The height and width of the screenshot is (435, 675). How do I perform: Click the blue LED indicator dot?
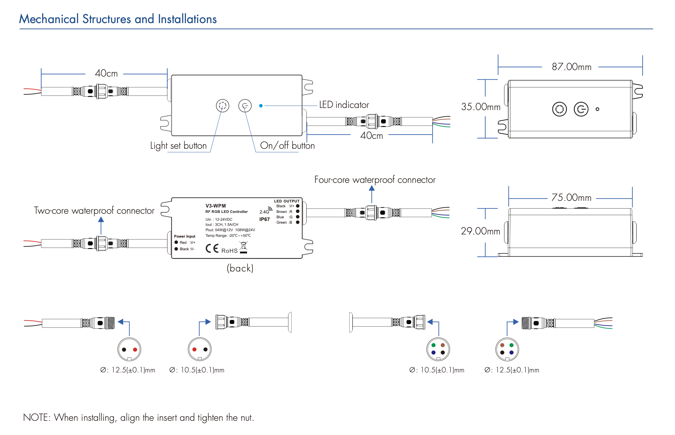point(261,106)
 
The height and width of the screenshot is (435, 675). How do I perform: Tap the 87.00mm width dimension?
point(571,67)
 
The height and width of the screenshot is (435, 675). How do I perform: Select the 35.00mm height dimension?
point(480,107)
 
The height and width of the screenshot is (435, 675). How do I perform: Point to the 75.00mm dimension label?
point(571,197)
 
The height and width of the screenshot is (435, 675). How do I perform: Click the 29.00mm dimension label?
point(480,231)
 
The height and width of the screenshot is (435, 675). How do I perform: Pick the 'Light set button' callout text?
point(178,146)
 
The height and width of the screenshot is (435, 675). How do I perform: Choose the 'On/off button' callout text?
point(287,146)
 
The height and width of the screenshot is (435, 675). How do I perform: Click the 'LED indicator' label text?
point(344,105)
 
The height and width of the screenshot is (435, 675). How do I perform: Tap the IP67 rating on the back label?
point(265,219)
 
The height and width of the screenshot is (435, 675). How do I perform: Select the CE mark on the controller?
point(212,248)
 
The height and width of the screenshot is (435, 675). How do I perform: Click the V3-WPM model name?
point(215,206)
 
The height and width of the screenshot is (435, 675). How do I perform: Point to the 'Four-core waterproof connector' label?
point(375,180)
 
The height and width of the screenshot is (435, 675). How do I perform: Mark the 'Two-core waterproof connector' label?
point(94,211)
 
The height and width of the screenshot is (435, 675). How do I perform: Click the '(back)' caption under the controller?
point(240,268)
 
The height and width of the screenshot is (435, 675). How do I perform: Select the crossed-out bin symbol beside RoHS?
point(244,247)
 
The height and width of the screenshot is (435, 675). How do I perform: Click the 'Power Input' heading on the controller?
point(185,236)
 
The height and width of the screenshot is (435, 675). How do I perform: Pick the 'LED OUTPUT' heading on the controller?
point(287,201)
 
